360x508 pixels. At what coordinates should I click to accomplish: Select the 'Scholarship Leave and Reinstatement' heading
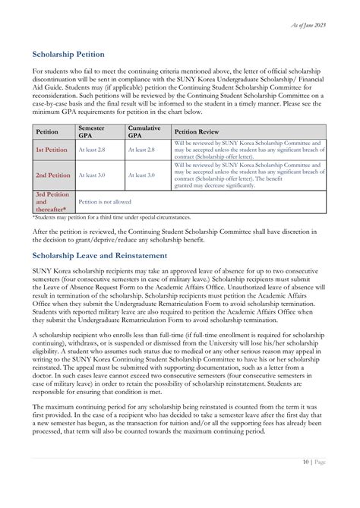point(103,255)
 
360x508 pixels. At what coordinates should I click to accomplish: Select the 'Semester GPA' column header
point(91,131)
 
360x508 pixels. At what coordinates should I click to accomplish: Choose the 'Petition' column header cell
point(48,131)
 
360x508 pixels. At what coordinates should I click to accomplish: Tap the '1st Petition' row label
point(52,150)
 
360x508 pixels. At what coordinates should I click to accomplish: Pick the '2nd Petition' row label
point(53,175)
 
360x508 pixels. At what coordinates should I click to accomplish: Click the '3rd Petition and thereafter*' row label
point(52,202)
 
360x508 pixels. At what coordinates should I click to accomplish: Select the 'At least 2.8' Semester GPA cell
point(92,150)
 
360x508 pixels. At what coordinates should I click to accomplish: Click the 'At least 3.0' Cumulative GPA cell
point(141,175)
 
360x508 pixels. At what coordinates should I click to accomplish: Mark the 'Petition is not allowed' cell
point(105,202)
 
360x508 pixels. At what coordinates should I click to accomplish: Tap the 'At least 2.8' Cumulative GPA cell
point(141,150)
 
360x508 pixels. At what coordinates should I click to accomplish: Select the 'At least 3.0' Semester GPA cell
point(92,175)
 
